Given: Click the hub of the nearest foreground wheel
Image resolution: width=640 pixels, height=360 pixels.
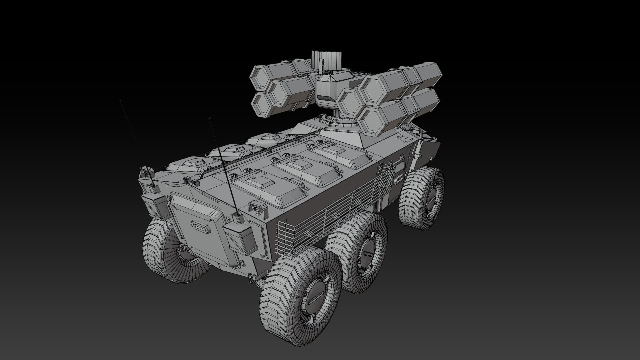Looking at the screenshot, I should [315, 298].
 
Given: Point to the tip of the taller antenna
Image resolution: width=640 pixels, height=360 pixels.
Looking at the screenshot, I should [120, 100].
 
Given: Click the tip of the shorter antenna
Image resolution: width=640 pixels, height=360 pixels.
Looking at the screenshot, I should [210, 118].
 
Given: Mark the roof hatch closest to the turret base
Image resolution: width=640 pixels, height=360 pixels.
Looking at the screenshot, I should [340, 155].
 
